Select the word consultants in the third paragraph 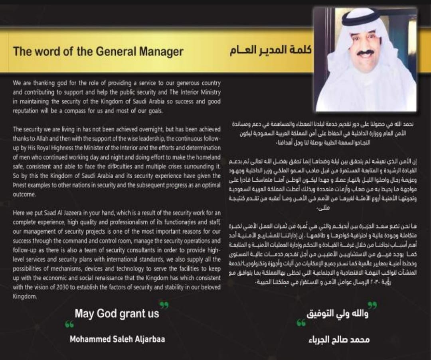(x=130, y=250)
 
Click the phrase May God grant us (x=117, y=314)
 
